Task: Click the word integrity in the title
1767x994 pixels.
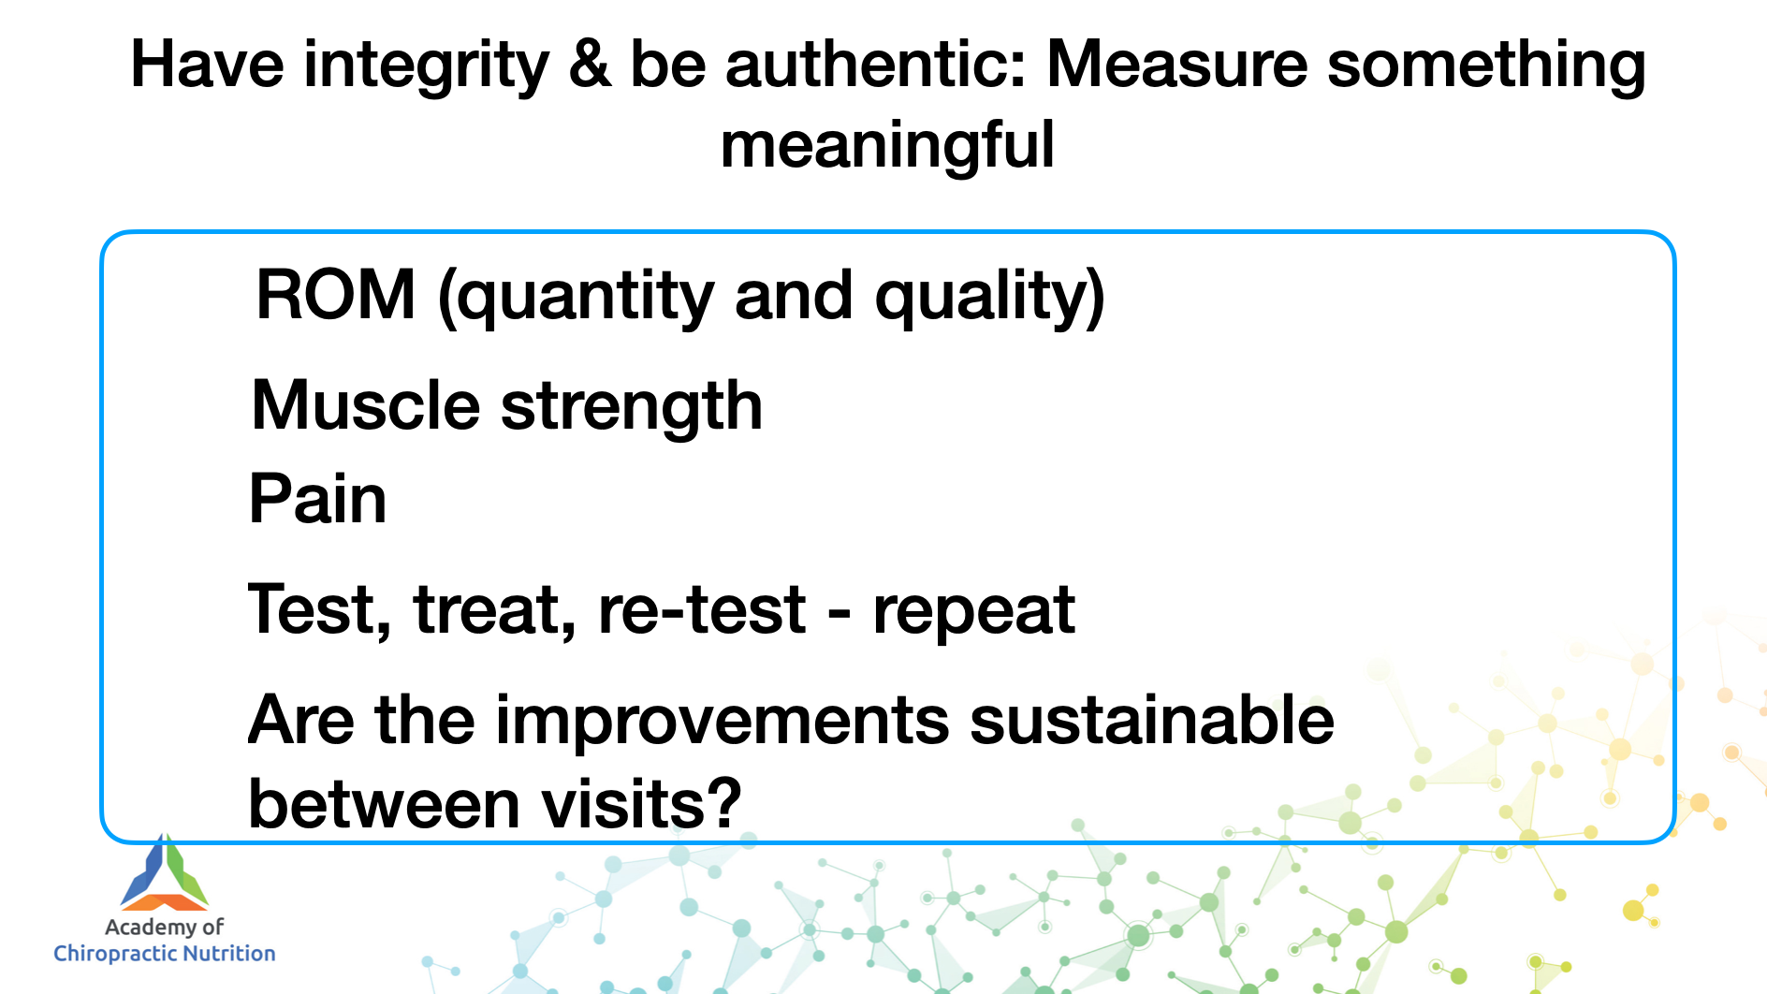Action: pos(426,68)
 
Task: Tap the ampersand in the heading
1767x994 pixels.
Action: pos(590,65)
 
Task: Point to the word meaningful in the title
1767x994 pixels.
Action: pos(887,146)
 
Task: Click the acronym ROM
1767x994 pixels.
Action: pos(336,295)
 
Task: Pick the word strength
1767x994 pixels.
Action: pos(632,408)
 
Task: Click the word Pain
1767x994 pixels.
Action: pos(317,498)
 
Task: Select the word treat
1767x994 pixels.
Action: pos(494,610)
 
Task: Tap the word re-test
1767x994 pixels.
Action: pos(702,610)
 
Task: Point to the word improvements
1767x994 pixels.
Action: pos(723,722)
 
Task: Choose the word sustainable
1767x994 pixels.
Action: pos(1152,720)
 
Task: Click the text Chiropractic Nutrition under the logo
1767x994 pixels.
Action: pos(165,954)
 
